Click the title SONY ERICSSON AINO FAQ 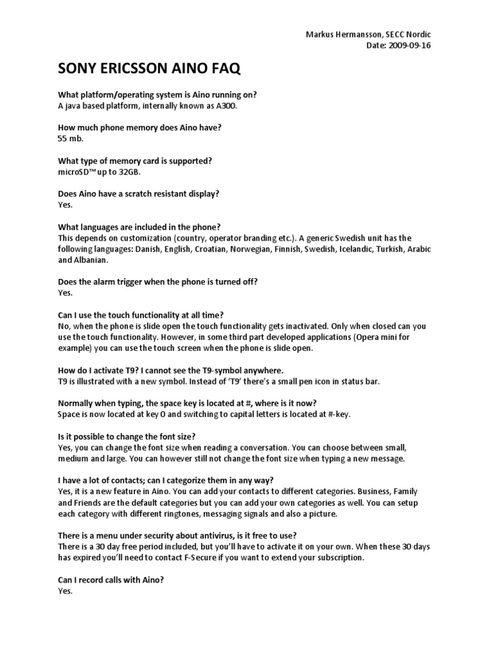tap(150, 69)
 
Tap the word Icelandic tap(355, 249)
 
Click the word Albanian tap(92, 260)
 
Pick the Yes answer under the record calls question tap(65, 591)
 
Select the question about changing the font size tap(127, 436)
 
